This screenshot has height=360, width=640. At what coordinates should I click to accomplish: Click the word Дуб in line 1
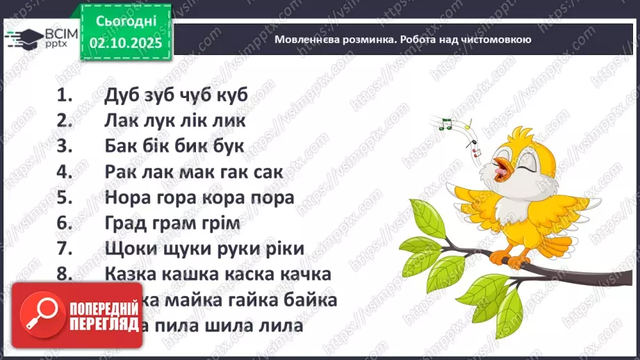[123, 95]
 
